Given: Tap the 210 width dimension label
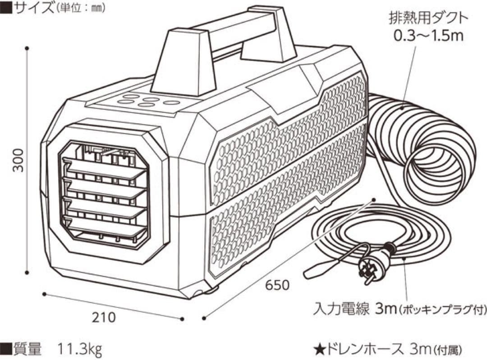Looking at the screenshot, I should [104, 317].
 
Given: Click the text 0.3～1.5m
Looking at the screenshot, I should [428, 36].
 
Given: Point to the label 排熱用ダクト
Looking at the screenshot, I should [428, 18].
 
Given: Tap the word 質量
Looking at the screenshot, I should [28, 349].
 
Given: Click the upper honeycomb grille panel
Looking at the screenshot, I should [289, 144].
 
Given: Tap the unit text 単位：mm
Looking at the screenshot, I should [80, 8].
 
